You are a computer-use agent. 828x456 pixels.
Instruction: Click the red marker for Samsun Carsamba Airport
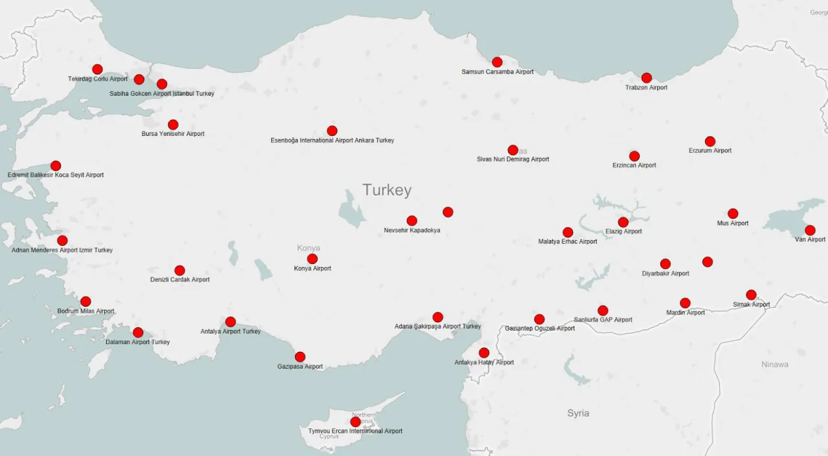pyautogui.click(x=497, y=62)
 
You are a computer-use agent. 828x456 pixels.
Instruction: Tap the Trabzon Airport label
pyautogui.click(x=646, y=87)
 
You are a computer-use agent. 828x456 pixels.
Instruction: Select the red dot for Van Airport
pyautogui.click(x=810, y=230)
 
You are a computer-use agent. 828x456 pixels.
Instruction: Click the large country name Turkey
pyautogui.click(x=387, y=190)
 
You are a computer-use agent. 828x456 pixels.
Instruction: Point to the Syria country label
pyautogui.click(x=578, y=413)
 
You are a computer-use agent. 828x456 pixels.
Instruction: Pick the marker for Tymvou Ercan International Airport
pyautogui.click(x=355, y=422)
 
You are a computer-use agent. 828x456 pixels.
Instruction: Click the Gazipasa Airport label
pyautogui.click(x=300, y=367)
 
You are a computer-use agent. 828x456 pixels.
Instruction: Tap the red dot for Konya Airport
pyautogui.click(x=312, y=259)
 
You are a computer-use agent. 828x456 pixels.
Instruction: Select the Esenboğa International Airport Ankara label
pyautogui.click(x=332, y=140)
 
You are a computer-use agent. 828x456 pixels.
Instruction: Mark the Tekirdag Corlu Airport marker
pyautogui.click(x=97, y=69)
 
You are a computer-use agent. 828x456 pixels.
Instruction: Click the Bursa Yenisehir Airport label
pyautogui.click(x=173, y=134)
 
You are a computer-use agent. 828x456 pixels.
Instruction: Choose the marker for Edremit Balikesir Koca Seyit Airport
pyautogui.click(x=56, y=166)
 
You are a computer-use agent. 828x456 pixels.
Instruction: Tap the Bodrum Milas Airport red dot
pyautogui.click(x=85, y=301)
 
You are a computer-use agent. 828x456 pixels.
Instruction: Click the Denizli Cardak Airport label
pyautogui.click(x=180, y=280)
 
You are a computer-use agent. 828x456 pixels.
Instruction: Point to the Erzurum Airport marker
pyautogui.click(x=710, y=141)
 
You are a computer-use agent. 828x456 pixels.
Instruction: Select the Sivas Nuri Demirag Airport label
pyautogui.click(x=513, y=159)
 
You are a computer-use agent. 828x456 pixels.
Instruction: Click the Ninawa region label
pyautogui.click(x=774, y=364)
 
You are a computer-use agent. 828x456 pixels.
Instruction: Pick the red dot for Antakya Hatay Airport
pyautogui.click(x=484, y=353)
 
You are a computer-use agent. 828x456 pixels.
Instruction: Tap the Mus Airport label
pyautogui.click(x=733, y=223)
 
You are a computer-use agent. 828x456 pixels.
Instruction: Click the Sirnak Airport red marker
pyautogui.click(x=751, y=295)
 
